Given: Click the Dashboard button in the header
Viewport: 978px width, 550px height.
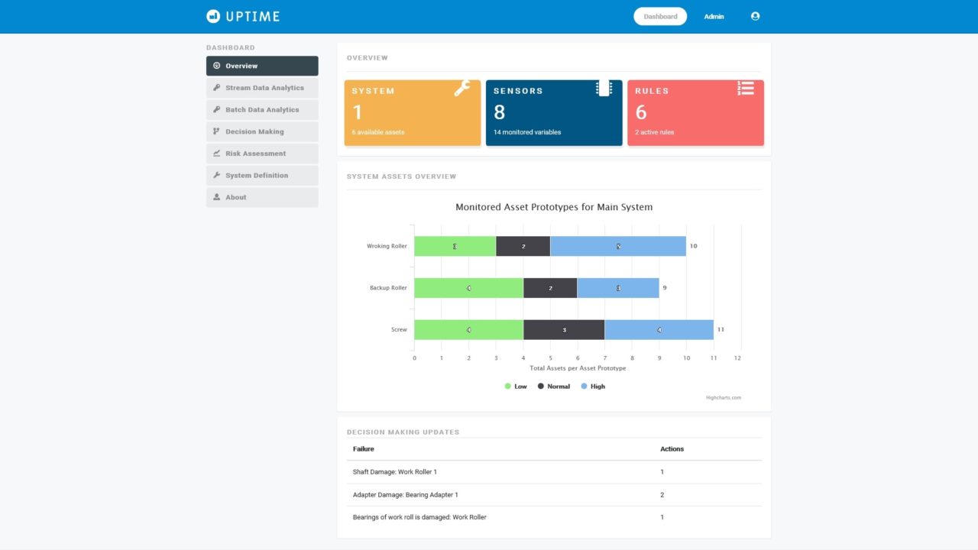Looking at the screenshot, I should coord(660,16).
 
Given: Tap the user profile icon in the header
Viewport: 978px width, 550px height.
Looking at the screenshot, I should coord(755,16).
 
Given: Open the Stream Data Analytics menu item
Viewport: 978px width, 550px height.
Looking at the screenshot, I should coord(264,88).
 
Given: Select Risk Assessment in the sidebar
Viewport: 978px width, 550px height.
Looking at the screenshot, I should coord(255,154).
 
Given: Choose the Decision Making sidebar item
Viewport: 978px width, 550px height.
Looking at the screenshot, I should coord(254,131).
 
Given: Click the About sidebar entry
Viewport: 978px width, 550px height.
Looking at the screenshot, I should coord(235,197).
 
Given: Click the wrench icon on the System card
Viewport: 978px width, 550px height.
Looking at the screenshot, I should coord(461,89).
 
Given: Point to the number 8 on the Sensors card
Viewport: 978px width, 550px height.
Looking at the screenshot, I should coord(500,112).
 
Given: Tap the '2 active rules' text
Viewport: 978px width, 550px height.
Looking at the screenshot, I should coord(654,132).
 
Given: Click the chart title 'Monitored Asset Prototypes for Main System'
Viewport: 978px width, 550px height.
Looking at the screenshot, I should coord(554,207).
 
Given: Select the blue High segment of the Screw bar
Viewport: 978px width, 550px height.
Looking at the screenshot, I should coord(659,330).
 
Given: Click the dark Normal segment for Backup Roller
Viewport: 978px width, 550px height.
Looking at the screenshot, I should coord(550,288).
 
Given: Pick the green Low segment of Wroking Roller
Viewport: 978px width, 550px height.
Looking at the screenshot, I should coord(455,246).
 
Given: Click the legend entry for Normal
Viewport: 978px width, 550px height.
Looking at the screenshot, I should coord(553,387).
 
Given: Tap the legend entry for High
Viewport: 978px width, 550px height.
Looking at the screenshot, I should coord(592,387).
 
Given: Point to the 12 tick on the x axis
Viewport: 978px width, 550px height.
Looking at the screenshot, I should coord(737,357).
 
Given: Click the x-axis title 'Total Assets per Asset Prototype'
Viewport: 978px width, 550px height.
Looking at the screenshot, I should coord(578,368).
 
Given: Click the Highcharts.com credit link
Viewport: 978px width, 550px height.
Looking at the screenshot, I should coord(723,397).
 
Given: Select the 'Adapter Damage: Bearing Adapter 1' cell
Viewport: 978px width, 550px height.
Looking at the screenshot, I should coord(406,495).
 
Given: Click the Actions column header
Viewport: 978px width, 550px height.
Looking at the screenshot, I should coord(672,449).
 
